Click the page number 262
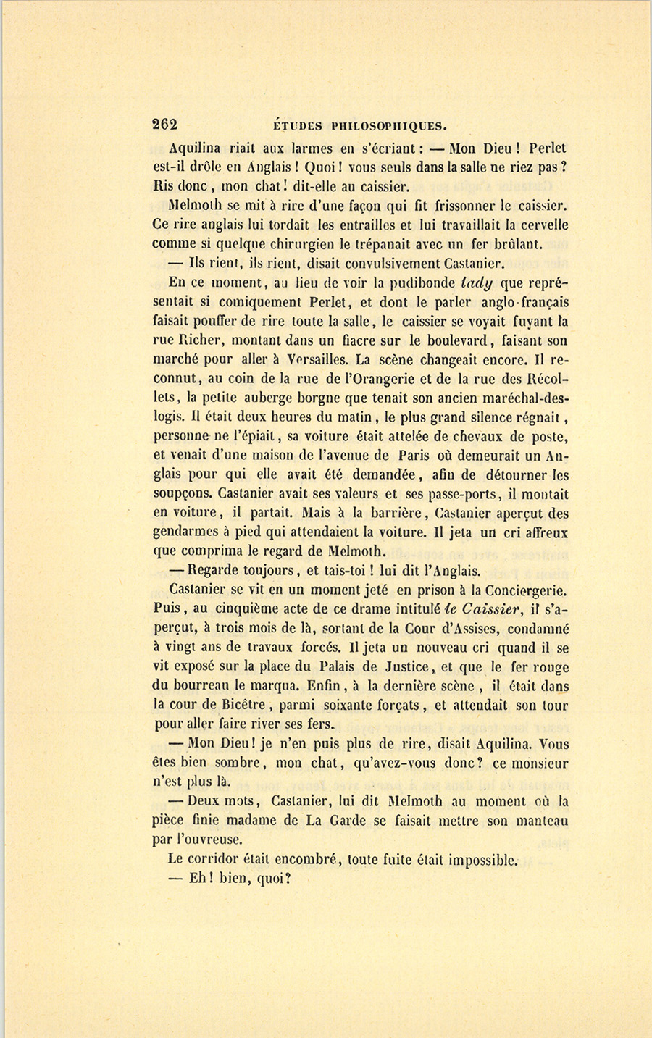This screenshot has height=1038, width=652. (165, 124)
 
